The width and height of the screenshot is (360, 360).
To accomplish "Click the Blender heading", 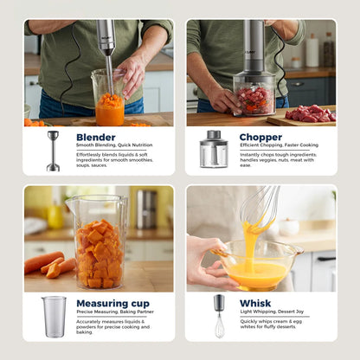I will (x=96, y=137).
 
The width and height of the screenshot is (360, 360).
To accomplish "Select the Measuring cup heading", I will (x=112, y=303).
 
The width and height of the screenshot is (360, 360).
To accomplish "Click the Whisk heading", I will (x=254, y=303).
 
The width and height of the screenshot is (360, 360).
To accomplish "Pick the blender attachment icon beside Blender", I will (x=53, y=150).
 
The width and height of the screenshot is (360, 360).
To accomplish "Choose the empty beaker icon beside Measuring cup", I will (x=54, y=316).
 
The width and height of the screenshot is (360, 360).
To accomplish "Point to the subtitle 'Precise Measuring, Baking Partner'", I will (x=114, y=312).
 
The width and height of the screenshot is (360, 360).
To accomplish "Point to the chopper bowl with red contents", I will (x=254, y=94).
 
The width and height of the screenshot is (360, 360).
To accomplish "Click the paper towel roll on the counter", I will (x=312, y=51).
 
